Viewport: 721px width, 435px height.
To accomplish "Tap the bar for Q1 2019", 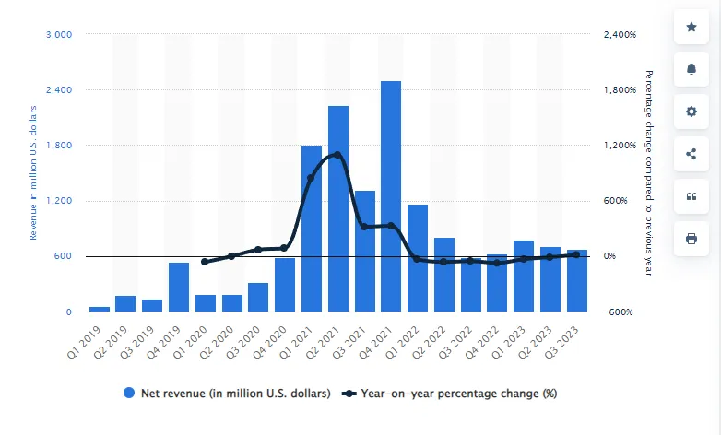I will (x=100, y=309).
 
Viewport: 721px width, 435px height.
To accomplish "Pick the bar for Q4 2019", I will (x=179, y=287).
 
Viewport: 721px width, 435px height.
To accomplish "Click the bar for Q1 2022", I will (x=418, y=258).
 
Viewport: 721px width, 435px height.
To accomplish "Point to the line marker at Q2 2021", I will (x=337, y=155).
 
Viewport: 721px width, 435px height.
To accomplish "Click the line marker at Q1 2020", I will (x=205, y=262).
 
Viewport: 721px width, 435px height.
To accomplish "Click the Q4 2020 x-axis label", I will (x=281, y=342).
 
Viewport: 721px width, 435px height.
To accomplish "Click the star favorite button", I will (x=691, y=27).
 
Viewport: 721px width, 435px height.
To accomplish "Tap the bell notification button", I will (x=691, y=69).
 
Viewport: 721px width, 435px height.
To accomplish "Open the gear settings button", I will (x=691, y=112).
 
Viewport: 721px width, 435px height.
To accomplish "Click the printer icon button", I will (x=691, y=239).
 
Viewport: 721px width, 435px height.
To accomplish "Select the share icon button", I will (x=691, y=154).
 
